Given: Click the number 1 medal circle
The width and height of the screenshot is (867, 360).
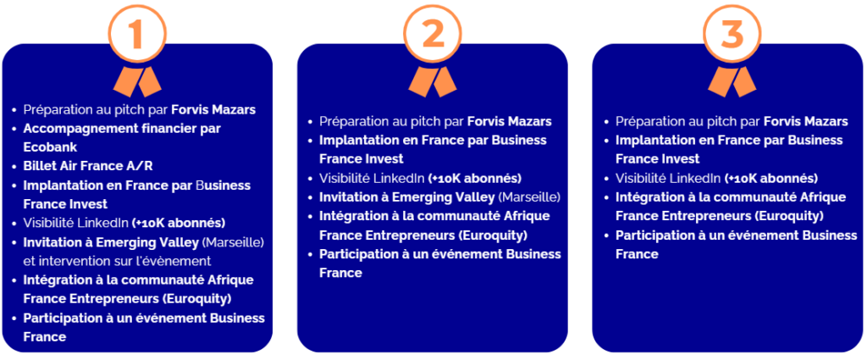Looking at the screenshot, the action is [109, 33].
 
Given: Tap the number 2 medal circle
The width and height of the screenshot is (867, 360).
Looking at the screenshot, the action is [405, 33].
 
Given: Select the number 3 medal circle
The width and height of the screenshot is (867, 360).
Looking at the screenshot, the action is [704, 33].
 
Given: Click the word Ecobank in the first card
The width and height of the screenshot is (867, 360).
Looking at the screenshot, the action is [50, 147].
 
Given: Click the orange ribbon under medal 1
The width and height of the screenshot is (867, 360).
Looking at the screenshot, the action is [136, 81].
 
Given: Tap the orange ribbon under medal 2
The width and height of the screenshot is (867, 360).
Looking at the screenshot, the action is [433, 81].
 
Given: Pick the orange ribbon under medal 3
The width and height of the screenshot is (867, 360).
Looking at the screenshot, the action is [732, 81].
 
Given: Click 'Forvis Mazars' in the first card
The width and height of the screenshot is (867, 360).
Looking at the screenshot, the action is [213, 109].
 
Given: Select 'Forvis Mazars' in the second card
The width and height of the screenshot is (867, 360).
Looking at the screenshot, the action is [509, 121].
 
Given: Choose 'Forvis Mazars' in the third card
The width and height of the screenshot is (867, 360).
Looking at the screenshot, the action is [806, 121].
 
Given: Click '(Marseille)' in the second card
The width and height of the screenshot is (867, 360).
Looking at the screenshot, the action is [529, 197].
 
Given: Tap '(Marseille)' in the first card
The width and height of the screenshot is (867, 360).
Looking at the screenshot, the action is [233, 242].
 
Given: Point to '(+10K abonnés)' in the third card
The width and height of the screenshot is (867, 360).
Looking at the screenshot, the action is [770, 179].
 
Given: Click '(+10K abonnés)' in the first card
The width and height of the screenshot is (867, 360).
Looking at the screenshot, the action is [179, 224].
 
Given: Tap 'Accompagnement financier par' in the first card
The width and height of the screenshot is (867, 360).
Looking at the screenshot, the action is [122, 128].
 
